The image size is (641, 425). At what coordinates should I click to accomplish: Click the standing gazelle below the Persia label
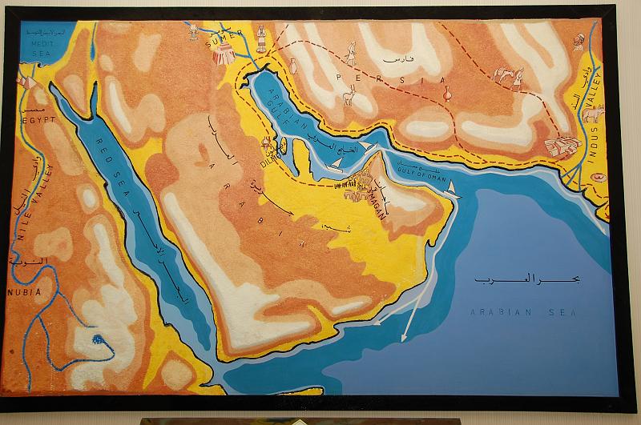[349, 98]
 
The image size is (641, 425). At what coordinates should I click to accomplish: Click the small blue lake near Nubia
[97, 342]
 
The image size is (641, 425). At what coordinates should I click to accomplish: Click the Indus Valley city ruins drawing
[562, 146]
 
